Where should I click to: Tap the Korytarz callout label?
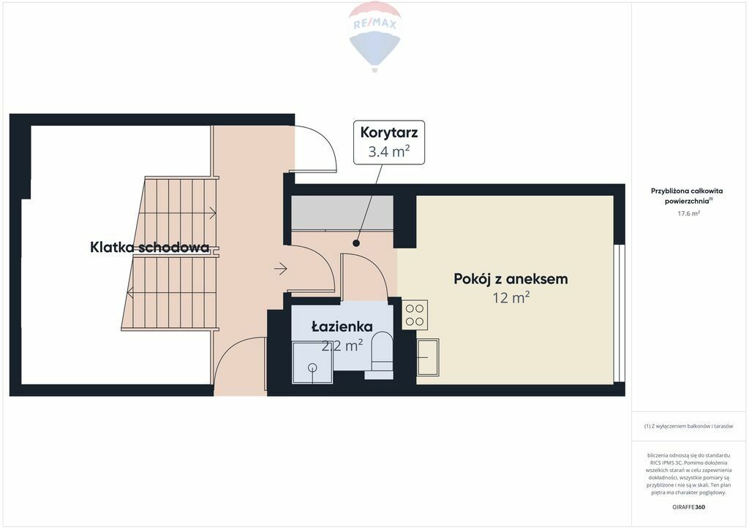pos(389,132)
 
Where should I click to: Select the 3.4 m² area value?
pos(389,152)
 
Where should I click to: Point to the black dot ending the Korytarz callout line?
pos(356,243)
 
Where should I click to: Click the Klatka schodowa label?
pos(149,247)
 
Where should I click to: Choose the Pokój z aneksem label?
pos(511,278)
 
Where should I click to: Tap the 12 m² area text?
pos(511,297)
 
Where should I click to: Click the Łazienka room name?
pos(342,327)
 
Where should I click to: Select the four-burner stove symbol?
pos(415,315)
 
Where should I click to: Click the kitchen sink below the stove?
pos(428,357)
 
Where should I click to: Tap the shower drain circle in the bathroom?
pos(312,368)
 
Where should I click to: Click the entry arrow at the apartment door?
pos(280,269)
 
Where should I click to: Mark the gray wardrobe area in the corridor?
pos(342,213)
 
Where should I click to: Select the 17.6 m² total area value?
pos(689,213)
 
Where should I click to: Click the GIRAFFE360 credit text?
pos(688,507)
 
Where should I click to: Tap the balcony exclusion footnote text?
pos(688,426)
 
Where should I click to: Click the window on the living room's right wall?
pos(620,313)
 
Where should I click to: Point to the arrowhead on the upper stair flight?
pos(213,213)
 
